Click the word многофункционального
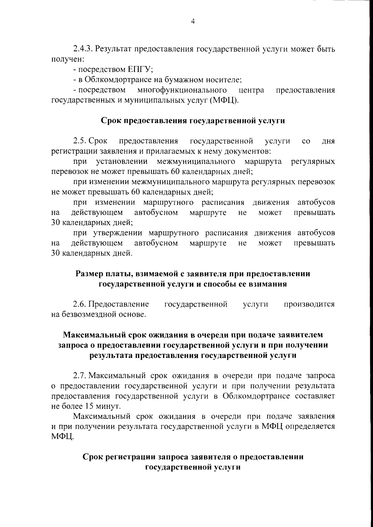click(182, 90)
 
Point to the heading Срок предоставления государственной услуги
click(193, 121)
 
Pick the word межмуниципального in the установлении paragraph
click(196, 161)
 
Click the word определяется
click(310, 426)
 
